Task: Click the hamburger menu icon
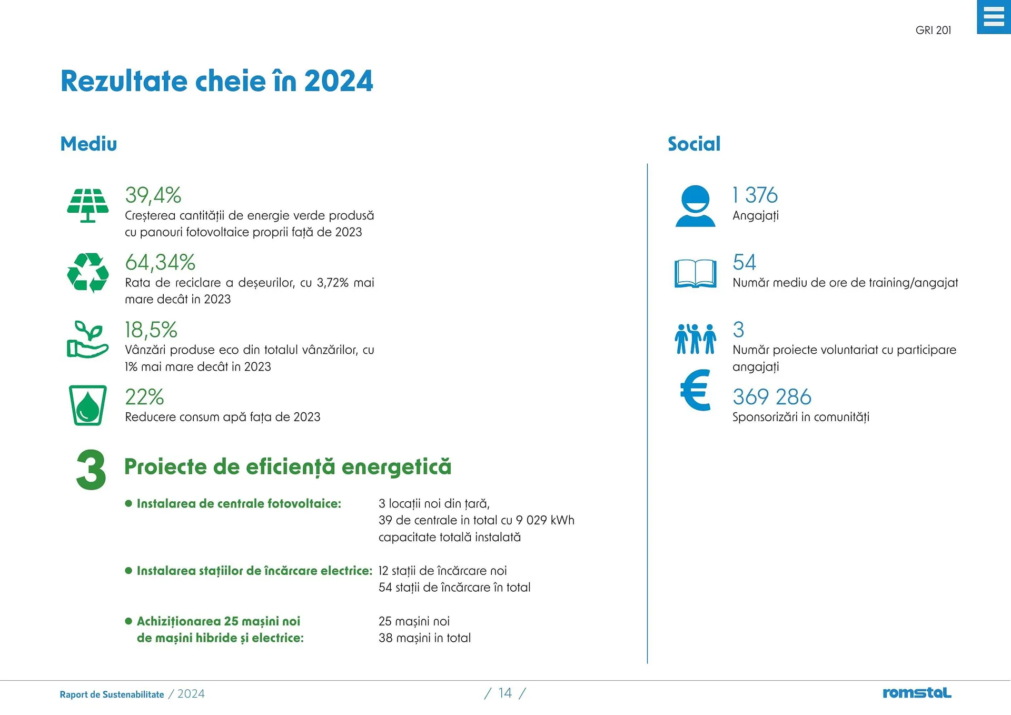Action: point(993,17)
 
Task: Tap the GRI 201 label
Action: point(933,31)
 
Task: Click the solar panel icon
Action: point(88,205)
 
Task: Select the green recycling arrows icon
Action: point(88,273)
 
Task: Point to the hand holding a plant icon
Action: point(87,340)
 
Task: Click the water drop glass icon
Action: point(88,405)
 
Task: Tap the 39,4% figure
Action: point(153,195)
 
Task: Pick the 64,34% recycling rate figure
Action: point(160,262)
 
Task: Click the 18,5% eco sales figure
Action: point(151,330)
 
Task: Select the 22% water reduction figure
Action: point(144,397)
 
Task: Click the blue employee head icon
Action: point(695,206)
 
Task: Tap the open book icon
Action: point(695,274)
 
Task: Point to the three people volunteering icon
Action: point(695,339)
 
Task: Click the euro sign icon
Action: point(696,390)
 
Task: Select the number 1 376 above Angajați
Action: point(755,195)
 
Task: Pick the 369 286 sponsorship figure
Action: point(771,397)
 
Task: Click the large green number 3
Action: point(91,470)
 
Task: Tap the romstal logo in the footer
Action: point(917,693)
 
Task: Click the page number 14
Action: point(505,693)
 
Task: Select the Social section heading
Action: point(693,144)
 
